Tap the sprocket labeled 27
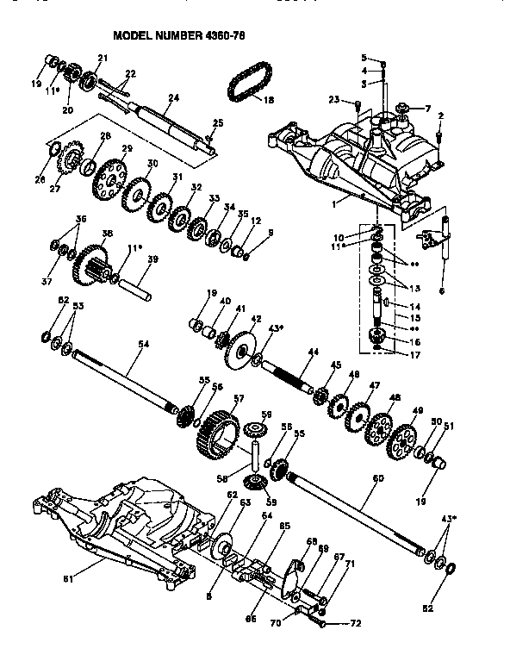coord(72,160)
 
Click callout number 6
coord(443,292)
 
